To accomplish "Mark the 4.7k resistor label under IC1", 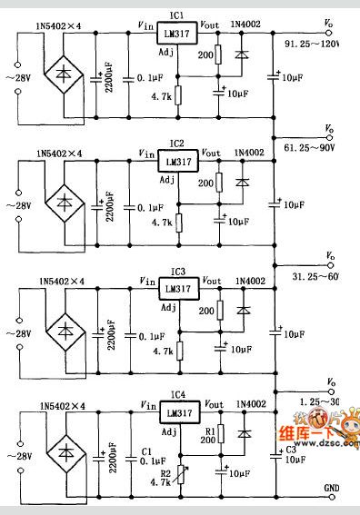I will (162, 94).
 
